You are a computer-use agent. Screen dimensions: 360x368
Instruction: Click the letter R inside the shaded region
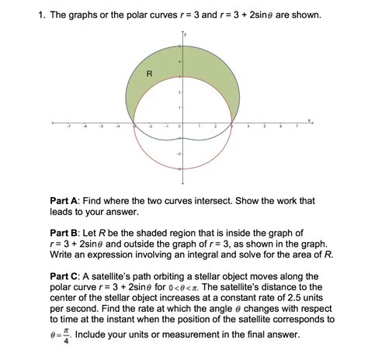tap(148, 74)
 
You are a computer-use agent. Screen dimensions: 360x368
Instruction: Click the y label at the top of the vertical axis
tap(186, 36)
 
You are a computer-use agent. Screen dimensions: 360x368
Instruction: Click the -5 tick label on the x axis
tap(101, 127)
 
